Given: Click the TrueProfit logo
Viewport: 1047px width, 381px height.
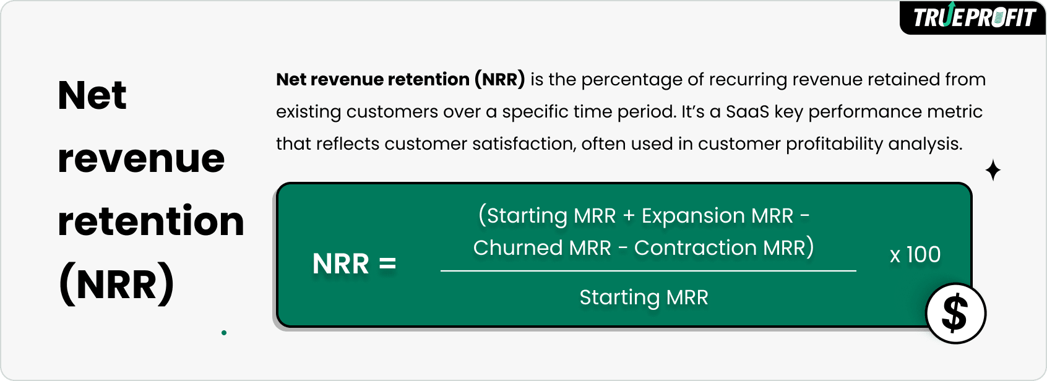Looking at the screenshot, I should tap(973, 17).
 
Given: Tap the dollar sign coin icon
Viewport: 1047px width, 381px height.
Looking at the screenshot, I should tap(955, 313).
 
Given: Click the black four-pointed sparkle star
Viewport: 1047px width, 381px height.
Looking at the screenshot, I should tap(993, 170).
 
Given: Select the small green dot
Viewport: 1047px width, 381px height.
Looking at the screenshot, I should tap(224, 333).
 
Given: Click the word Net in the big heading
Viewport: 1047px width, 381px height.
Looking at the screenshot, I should tap(92, 96).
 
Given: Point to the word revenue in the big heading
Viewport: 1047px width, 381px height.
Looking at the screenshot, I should tap(141, 159).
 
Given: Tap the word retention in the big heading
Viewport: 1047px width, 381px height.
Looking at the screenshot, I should tap(151, 221).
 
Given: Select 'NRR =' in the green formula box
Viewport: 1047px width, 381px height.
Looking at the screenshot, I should tap(354, 263).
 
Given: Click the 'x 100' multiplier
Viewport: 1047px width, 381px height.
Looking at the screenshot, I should tap(915, 254).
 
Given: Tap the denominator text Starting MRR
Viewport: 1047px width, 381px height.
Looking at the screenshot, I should tap(644, 298).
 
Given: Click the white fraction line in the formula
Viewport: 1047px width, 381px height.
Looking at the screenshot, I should tap(648, 271).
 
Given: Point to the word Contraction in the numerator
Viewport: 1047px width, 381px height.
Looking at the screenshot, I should tap(696, 248).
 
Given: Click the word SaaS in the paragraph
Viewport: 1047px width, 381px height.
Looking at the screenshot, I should tap(748, 112).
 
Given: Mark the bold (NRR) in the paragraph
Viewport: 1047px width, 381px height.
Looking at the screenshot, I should tap(500, 80).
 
